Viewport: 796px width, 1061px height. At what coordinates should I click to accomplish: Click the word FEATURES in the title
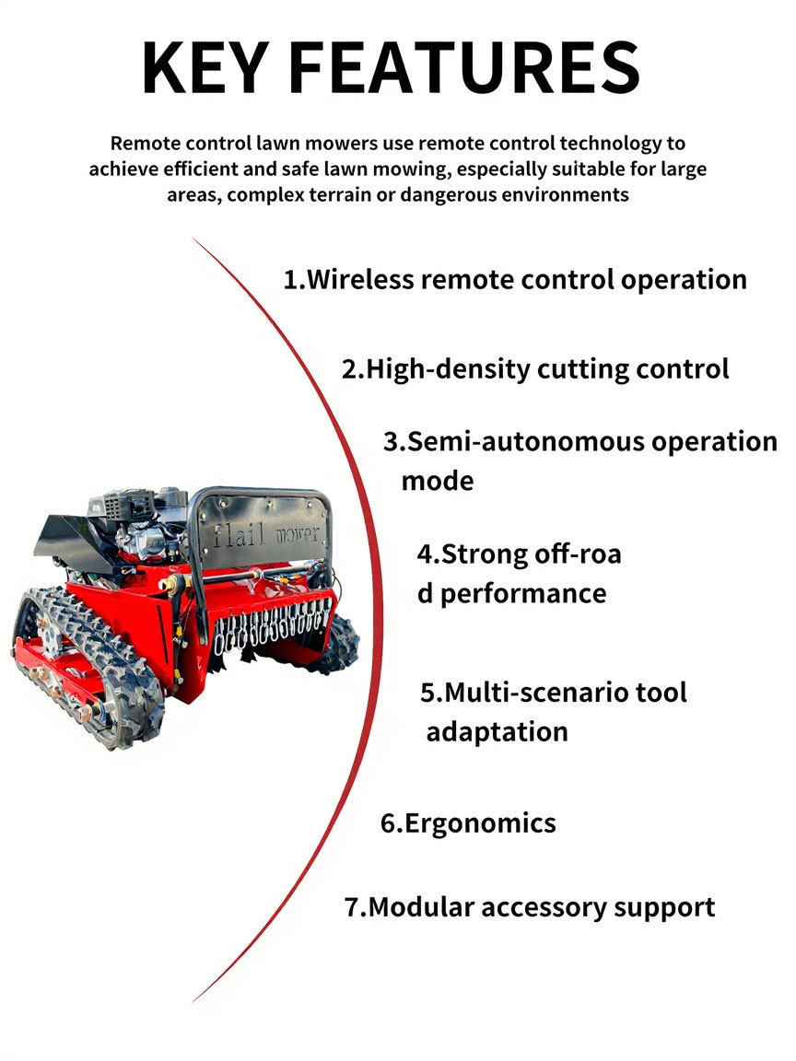[x=464, y=67]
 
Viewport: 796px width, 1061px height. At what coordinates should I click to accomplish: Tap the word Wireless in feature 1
[x=360, y=279]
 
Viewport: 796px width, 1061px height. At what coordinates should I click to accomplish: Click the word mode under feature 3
[x=438, y=481]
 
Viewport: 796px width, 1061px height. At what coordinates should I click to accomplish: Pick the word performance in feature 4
[x=523, y=594]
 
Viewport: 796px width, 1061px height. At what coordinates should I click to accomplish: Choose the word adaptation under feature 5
[x=497, y=732]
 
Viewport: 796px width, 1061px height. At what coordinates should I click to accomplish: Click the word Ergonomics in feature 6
[x=480, y=823]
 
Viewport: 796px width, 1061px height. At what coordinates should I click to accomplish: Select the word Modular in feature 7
[x=421, y=907]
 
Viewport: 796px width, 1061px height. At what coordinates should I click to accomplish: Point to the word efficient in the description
[x=201, y=169]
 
